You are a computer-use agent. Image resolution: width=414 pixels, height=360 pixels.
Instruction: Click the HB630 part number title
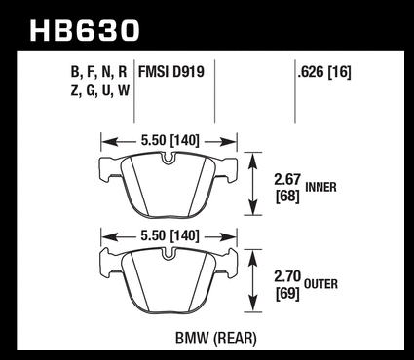click(x=85, y=31)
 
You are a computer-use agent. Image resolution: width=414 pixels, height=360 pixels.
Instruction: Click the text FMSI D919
click(x=171, y=72)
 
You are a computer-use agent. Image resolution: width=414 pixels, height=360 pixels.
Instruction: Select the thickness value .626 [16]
click(x=324, y=72)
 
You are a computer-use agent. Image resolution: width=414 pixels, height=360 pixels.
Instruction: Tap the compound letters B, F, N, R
click(x=98, y=72)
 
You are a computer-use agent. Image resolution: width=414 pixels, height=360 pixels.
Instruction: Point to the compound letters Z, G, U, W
click(x=99, y=90)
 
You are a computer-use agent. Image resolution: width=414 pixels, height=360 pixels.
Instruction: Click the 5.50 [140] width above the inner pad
click(x=169, y=141)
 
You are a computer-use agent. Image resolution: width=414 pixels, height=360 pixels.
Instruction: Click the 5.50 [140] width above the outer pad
click(x=169, y=235)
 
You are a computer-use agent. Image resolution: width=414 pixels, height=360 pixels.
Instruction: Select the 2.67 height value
click(x=287, y=180)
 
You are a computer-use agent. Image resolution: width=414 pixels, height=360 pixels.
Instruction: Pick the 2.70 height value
click(x=288, y=277)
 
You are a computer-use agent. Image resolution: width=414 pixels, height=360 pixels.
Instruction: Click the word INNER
click(x=320, y=187)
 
